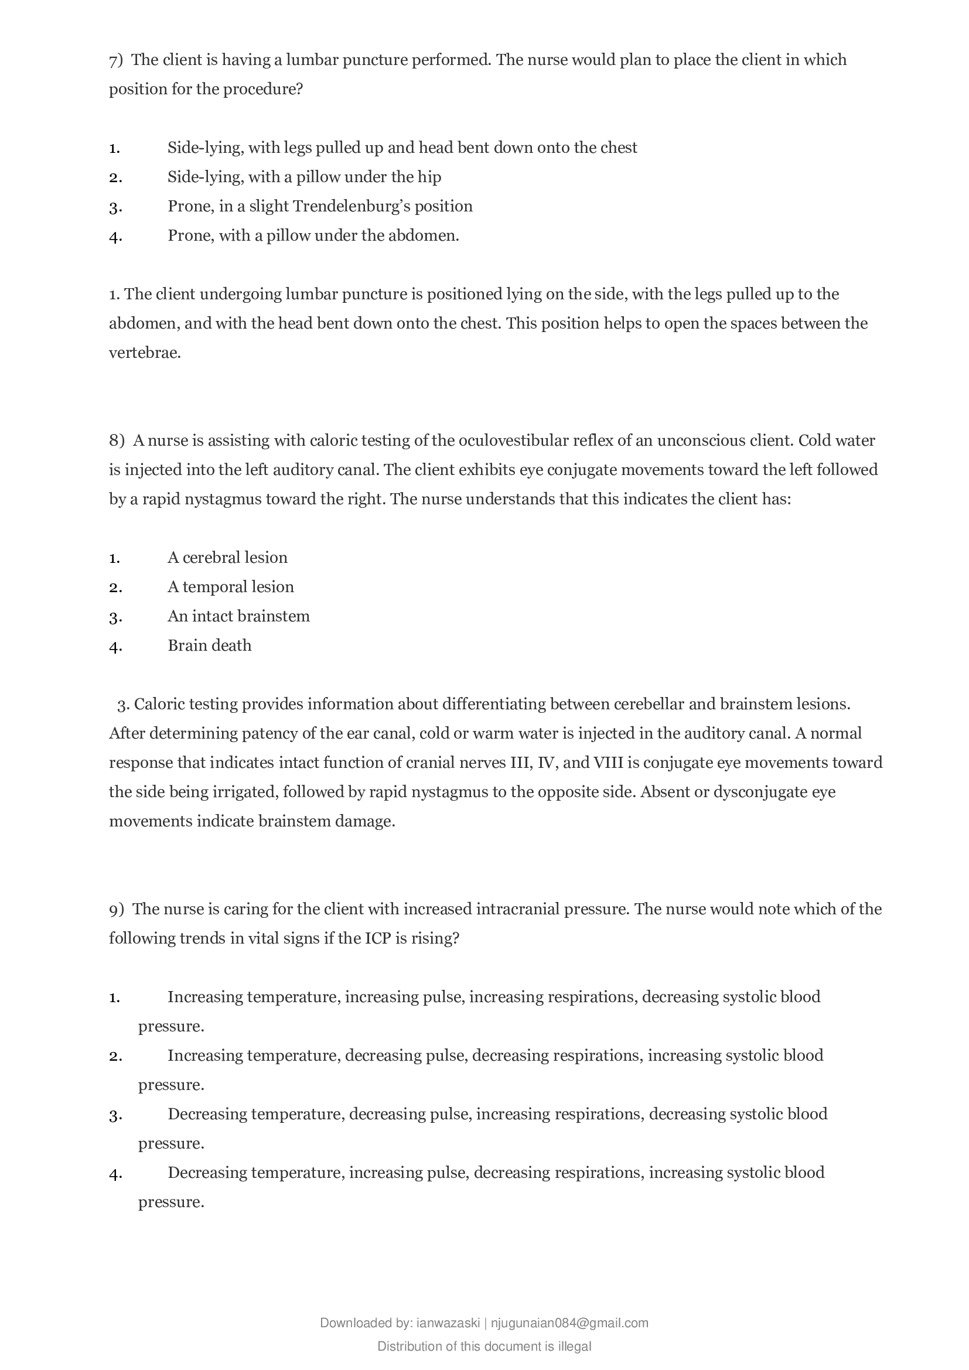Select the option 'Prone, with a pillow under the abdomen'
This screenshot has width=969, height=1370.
tap(313, 235)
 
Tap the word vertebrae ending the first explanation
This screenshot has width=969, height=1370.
tap(144, 353)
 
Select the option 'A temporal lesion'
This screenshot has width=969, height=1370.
tap(230, 587)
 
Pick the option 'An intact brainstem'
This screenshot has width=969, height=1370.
tap(238, 616)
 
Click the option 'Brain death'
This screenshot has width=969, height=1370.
tap(209, 645)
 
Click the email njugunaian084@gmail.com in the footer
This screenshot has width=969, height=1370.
tap(569, 1340)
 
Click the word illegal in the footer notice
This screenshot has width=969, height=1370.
tap(575, 1363)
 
